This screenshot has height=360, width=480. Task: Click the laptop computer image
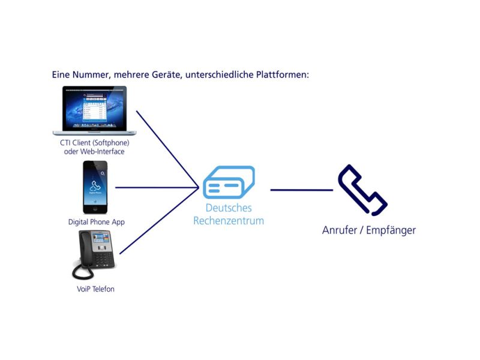pos(94,110)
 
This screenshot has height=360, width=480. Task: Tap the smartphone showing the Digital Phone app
pos(95,187)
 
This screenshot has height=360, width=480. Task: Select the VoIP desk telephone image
pos(94,254)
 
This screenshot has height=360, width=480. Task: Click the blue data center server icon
pos(229,182)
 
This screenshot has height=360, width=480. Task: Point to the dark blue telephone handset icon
pos(362,190)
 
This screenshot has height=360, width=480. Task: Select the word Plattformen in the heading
pos(283,74)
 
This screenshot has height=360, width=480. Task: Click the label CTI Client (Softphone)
pos(95,143)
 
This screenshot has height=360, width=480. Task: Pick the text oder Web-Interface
pos(94,152)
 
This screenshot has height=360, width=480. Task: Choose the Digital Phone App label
pos(97,222)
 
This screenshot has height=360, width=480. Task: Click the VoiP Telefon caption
pos(95,289)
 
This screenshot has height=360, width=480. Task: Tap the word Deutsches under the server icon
pos(229,208)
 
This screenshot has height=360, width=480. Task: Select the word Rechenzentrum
pos(229,221)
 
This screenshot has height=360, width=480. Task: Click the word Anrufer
pos(340,230)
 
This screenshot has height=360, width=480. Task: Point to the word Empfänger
pos(391,230)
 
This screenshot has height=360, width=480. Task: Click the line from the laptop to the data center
pos(168,149)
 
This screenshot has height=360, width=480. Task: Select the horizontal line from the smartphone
pos(157,187)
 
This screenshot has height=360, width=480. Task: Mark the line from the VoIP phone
pos(159,221)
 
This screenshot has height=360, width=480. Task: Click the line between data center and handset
pos(302,190)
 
